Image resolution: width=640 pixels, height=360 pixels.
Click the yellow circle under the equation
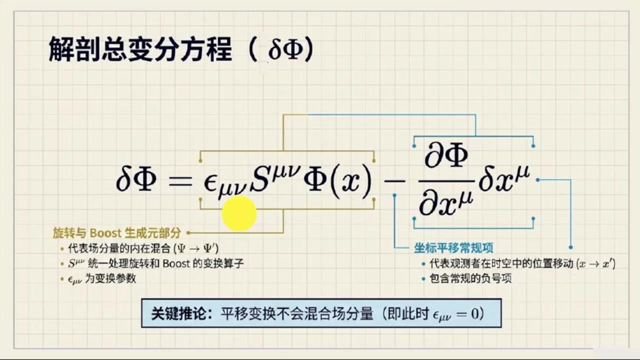[x=239, y=213]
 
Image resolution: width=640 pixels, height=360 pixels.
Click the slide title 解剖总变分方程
[x=140, y=49]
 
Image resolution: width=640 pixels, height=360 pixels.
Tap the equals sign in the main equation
[x=180, y=181]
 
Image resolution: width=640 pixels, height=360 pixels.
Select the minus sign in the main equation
[x=395, y=181]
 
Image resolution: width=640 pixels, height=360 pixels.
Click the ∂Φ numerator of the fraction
[x=446, y=155]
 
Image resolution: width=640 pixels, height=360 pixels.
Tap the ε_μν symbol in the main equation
[x=225, y=185]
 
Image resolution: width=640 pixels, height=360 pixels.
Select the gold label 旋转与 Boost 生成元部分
[x=117, y=233]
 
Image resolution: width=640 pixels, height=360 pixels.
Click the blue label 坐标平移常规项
[x=453, y=247]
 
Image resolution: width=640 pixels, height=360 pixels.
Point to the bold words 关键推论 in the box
[x=178, y=313]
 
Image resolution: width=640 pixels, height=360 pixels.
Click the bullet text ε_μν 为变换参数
[x=102, y=278]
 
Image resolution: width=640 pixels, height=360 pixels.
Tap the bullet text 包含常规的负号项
[x=470, y=278]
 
